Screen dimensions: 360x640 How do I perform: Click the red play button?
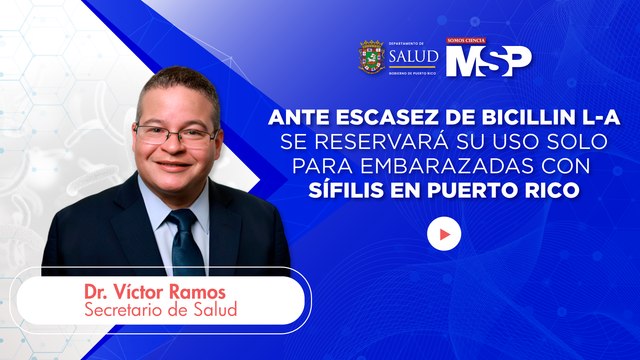click(444, 234)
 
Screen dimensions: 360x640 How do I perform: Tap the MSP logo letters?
click(489, 61)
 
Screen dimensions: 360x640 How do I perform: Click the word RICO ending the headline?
click(549, 188)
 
